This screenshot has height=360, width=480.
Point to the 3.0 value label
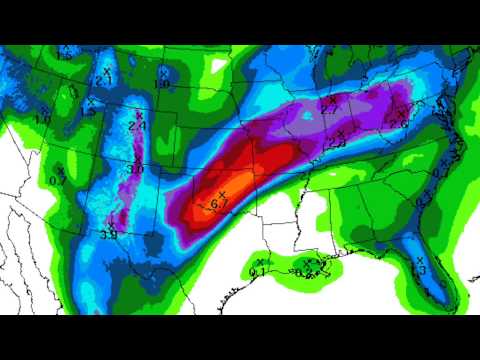tap(136, 170)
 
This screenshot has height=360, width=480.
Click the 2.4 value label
tap(138, 127)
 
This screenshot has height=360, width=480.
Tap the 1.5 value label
tap(90, 111)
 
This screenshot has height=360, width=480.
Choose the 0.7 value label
tap(56, 179)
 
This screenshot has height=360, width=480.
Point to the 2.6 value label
tap(405, 122)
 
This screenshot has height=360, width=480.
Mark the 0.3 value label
tap(422, 201)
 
